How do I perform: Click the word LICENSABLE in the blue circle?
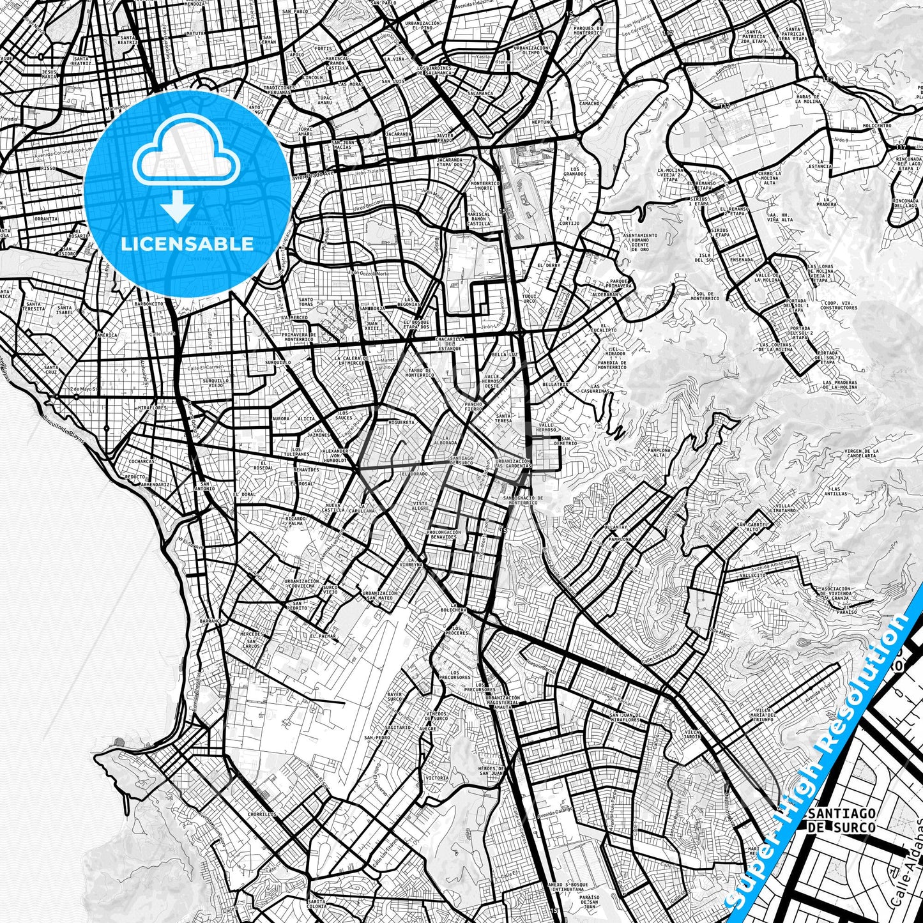pyautogui.click(x=187, y=244)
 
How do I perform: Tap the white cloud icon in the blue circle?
pyautogui.click(x=187, y=156)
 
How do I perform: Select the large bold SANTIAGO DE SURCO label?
pyautogui.click(x=841, y=820)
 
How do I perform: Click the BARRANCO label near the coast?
pyautogui.click(x=211, y=620)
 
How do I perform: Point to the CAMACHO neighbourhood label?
pyautogui.click(x=589, y=103)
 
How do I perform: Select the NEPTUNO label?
pyautogui.click(x=541, y=121)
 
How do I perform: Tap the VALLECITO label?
pyautogui.click(x=752, y=575)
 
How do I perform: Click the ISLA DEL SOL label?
pyautogui.click(x=704, y=257)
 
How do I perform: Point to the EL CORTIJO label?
pyautogui.click(x=568, y=220)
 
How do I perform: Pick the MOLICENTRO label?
pyautogui.click(x=876, y=126)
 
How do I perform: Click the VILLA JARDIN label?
pyautogui.click(x=692, y=734)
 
